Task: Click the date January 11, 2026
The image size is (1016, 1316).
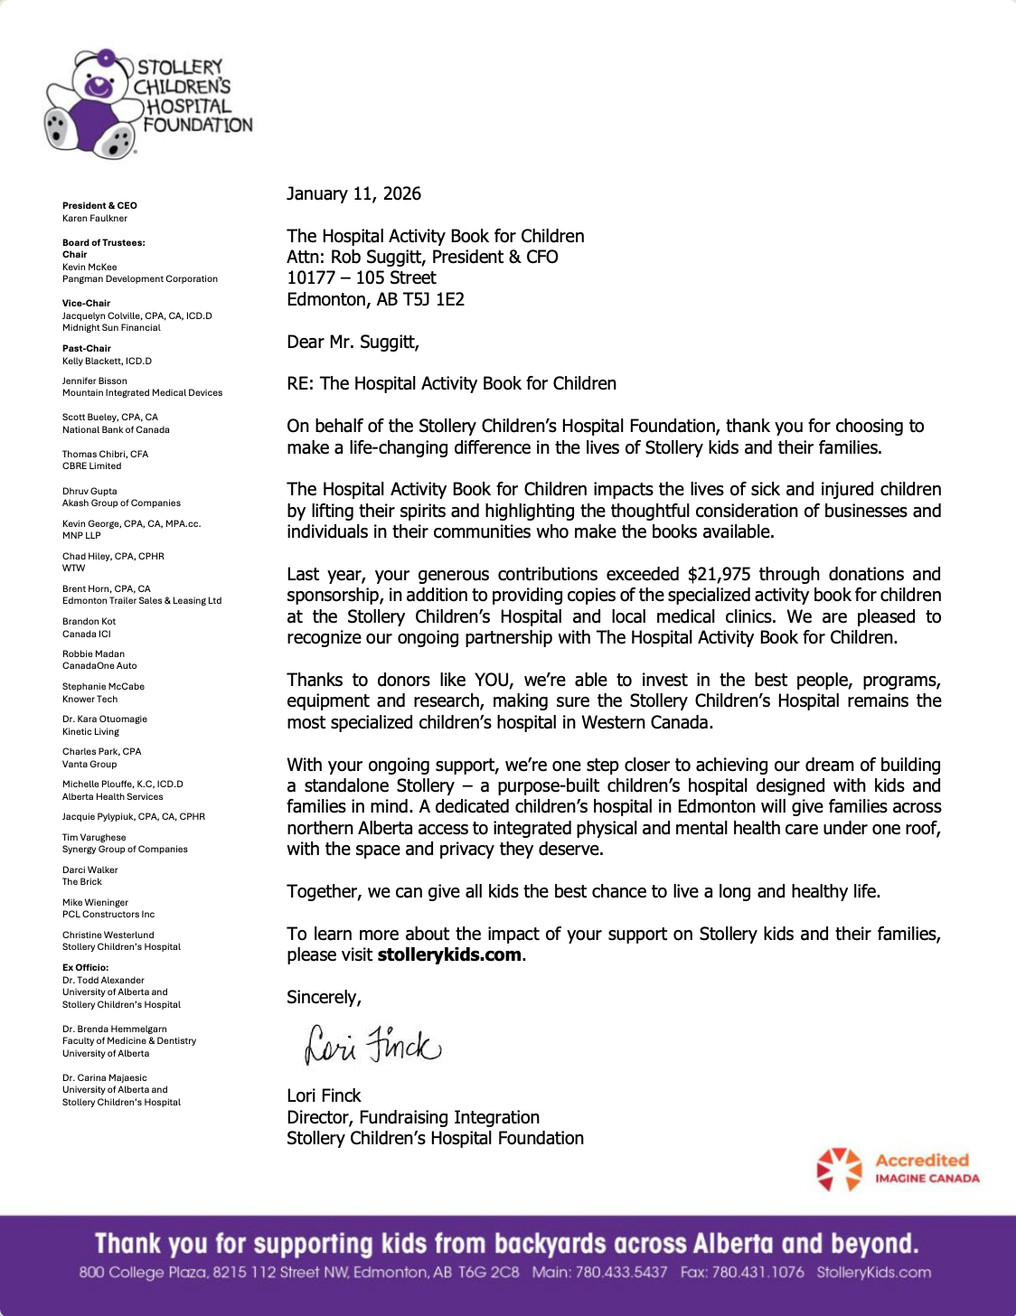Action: [x=353, y=193]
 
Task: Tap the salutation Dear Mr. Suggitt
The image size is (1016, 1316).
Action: [x=353, y=342]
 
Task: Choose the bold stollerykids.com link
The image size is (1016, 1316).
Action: [x=449, y=954]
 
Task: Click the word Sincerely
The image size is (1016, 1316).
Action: [x=324, y=997]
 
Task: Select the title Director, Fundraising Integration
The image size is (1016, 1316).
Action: [x=413, y=1117]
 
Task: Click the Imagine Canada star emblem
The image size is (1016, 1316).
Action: [x=839, y=1169]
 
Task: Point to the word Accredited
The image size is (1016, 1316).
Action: [x=921, y=1161]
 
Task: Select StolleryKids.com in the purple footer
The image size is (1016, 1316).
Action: [x=873, y=1272]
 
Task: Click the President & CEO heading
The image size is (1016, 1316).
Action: [x=99, y=205]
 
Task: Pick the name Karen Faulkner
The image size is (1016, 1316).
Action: [x=95, y=218]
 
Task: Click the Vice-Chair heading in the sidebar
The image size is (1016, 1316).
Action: [x=86, y=304]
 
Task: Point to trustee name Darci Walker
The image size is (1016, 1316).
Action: [x=90, y=869]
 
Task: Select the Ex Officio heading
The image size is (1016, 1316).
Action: [x=85, y=967]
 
